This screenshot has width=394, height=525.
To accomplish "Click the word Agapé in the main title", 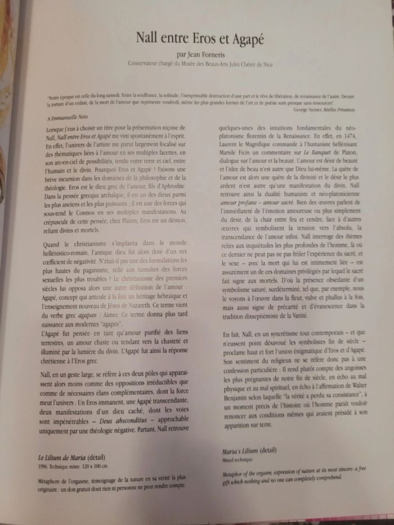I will point(244,39).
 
